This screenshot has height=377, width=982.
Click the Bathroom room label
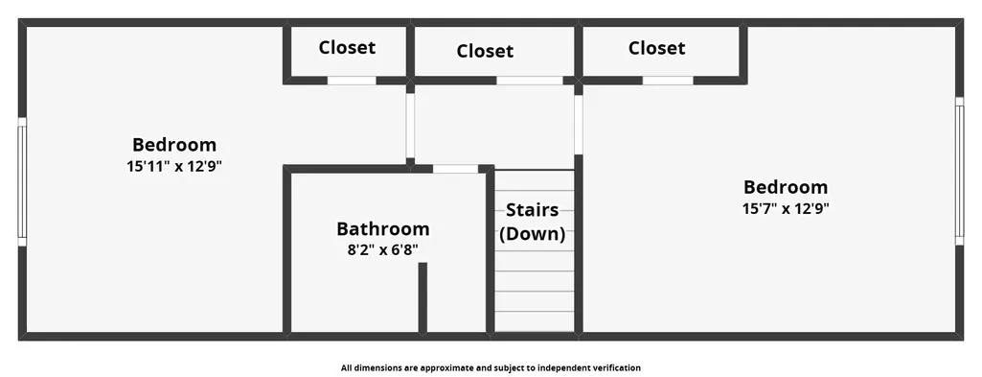382,228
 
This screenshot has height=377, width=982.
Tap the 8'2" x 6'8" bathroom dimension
382,249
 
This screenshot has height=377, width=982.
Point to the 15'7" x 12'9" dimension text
786,209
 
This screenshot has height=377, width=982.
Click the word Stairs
533,209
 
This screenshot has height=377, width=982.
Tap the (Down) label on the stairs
533,234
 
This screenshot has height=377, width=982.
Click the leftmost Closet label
347,47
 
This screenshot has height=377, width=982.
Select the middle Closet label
485,51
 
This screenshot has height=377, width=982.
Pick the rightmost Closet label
656,48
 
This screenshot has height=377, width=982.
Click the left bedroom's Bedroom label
174,145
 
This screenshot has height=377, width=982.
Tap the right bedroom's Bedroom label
786,187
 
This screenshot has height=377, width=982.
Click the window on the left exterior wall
22,182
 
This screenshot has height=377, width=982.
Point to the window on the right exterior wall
959,171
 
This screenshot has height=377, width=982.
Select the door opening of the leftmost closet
352,81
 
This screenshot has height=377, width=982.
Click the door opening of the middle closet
530,81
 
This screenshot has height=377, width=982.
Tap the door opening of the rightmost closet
668,81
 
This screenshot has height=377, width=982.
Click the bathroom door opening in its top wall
455,169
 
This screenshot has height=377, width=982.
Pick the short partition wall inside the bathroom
422,297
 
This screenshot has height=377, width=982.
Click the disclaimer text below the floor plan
491,368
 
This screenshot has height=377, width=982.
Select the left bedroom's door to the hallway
410,126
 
